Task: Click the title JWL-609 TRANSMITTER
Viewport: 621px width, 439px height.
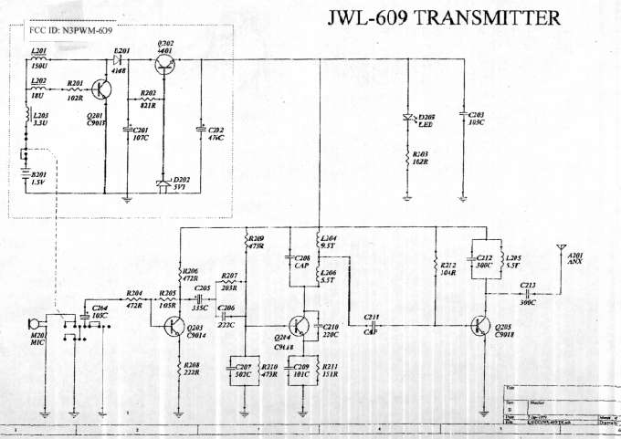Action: [444, 19]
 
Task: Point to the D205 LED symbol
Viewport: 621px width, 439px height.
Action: [408, 118]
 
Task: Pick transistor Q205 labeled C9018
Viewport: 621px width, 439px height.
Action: [481, 325]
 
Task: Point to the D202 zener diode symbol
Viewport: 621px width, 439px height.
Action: [164, 184]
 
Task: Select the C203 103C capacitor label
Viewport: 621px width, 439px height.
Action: [476, 118]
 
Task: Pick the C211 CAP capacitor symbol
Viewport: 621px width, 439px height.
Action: [372, 324]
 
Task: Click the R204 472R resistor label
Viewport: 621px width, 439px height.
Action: [133, 298]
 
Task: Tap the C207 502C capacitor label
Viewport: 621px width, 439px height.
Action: [244, 371]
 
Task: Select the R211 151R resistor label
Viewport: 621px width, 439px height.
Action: [331, 371]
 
